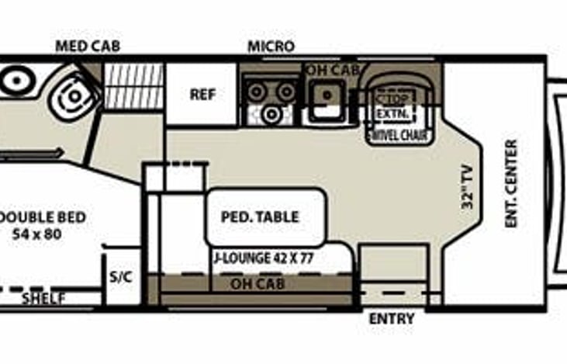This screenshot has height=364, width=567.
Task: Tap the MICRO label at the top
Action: tap(271, 46)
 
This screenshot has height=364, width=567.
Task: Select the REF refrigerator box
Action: tap(202, 95)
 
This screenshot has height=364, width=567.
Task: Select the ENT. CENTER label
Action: tap(511, 184)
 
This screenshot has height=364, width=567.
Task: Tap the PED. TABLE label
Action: tap(260, 217)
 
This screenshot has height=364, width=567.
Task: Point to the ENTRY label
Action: tap(391, 319)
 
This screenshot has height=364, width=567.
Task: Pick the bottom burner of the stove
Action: tap(271, 115)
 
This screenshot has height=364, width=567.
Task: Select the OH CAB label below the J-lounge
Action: tap(258, 284)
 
